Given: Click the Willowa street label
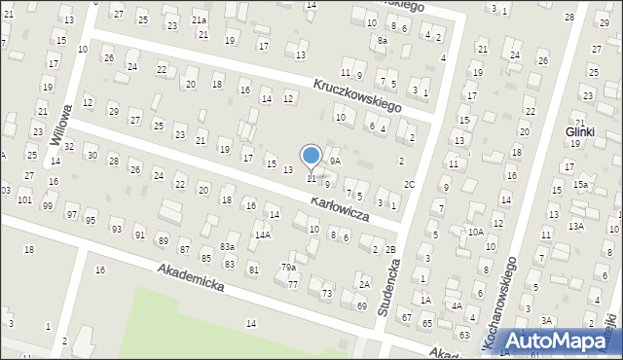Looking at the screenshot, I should [x=59, y=126].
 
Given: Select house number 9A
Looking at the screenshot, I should [x=334, y=161].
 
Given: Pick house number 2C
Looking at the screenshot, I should [x=410, y=184].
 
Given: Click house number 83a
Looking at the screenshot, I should [x=227, y=248].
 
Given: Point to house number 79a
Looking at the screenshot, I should [x=289, y=268].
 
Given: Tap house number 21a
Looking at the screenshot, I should [x=199, y=20].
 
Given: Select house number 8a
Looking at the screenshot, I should [x=383, y=42].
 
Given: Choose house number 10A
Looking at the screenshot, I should [x=475, y=232].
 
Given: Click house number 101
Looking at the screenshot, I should [x=24, y=199].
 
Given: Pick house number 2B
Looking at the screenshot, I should [x=390, y=250].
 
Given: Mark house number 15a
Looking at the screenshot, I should [x=580, y=185].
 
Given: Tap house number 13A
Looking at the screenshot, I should [x=576, y=226].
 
